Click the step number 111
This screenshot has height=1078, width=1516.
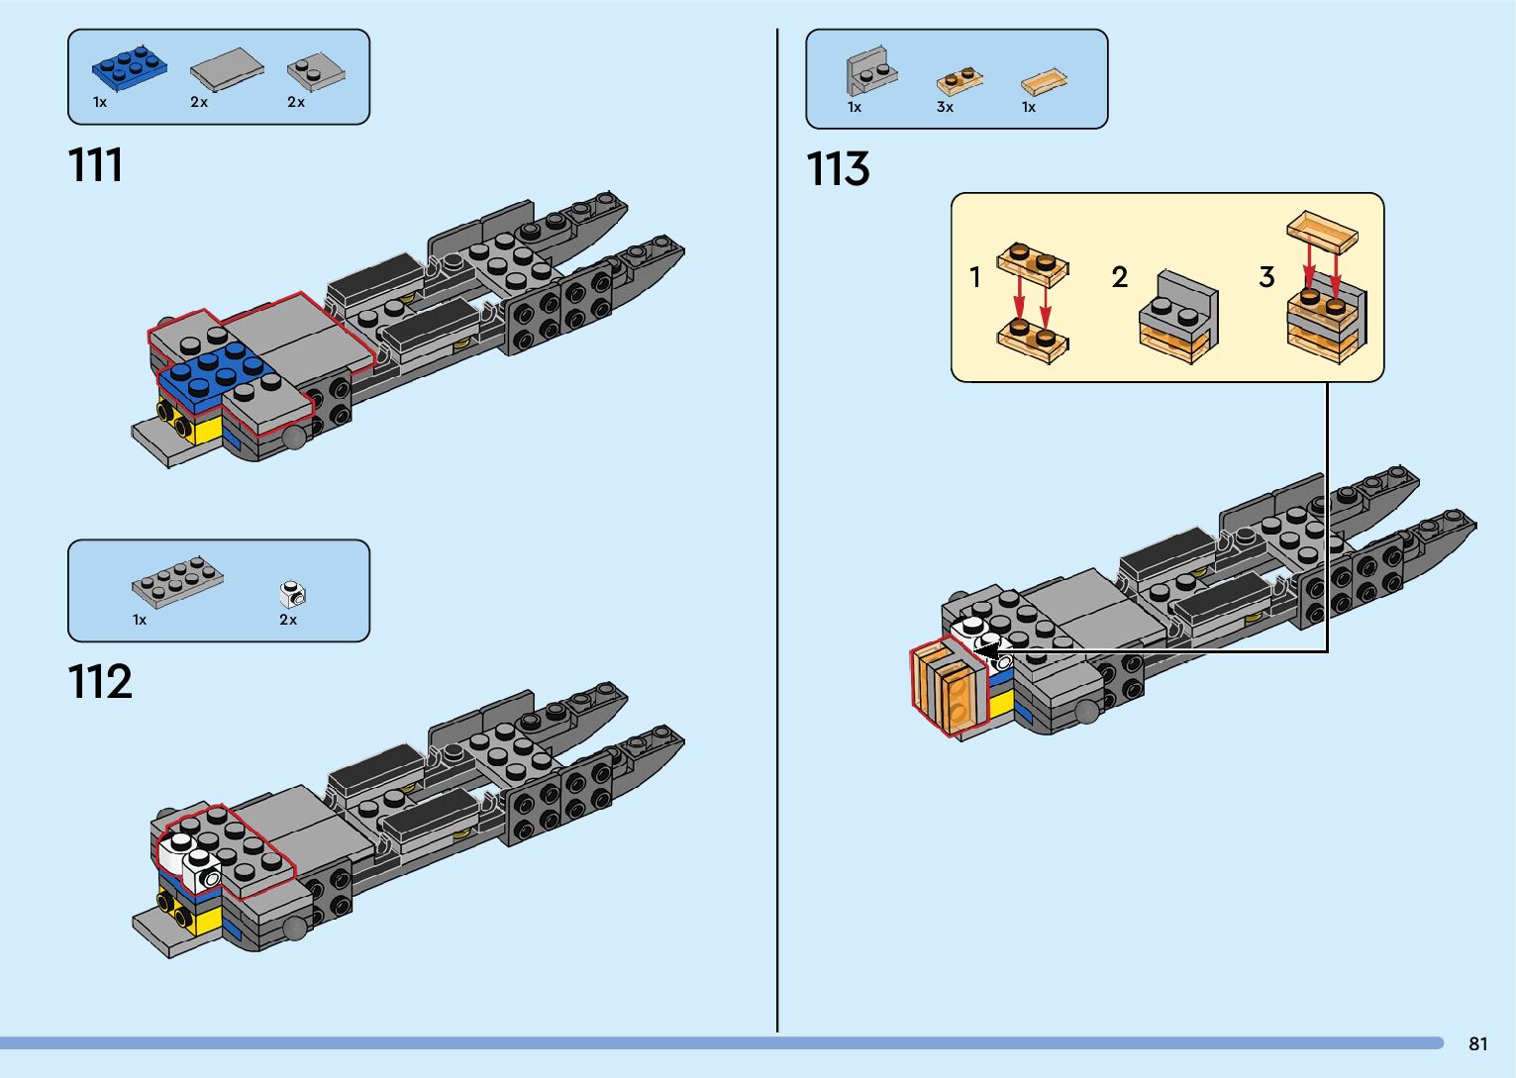coord(96,165)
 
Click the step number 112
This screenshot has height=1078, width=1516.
coord(100,683)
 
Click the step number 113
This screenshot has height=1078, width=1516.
coord(838,169)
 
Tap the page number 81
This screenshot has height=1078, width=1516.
coord(1478,1043)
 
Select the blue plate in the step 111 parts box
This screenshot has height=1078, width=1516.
coord(129,66)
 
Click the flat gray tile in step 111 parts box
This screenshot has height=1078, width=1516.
coord(227,69)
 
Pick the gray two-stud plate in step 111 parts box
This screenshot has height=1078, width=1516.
coord(316,70)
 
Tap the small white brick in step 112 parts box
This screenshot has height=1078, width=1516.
coord(293,594)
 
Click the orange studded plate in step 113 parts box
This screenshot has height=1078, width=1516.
coord(960,79)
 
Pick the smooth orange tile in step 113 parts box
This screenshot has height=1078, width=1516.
coord(1045,81)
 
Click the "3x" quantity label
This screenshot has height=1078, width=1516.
coord(945,107)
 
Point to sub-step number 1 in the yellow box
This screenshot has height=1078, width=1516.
coord(975,277)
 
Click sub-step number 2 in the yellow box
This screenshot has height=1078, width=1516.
coord(1120,277)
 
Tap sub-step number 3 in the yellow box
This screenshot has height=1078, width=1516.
coord(1266,277)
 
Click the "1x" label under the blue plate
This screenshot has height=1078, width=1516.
coord(100,102)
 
